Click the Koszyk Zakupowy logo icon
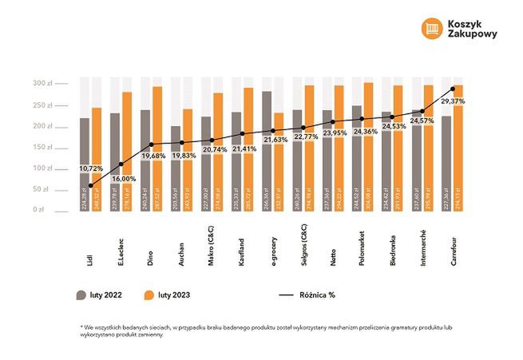pos(431,27)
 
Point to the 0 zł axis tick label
pos(40,210)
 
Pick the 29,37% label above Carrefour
pos(452,101)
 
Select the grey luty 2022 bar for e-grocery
pos(267,152)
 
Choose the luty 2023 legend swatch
pos(149,295)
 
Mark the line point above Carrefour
pos(453,89)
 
